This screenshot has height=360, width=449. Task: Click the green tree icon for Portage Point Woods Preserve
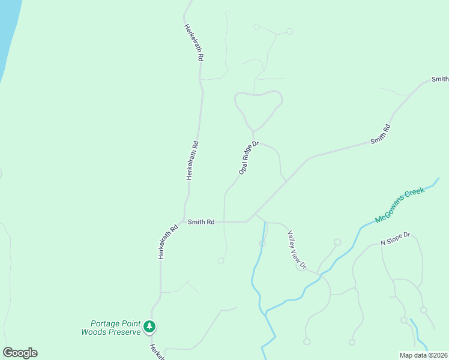click(x=149, y=327)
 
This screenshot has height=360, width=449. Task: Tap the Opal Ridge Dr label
click(x=248, y=158)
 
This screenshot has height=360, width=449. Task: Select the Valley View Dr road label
click(x=297, y=250)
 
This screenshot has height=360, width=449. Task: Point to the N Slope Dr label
click(x=395, y=239)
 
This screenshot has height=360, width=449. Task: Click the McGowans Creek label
click(x=400, y=205)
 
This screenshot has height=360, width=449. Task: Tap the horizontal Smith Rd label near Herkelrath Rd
click(x=201, y=222)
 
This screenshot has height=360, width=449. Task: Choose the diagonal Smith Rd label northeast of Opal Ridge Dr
click(x=381, y=134)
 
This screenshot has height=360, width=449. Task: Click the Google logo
click(x=20, y=353)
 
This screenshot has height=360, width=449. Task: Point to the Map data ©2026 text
click(x=423, y=355)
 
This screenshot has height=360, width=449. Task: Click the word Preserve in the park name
click(x=127, y=331)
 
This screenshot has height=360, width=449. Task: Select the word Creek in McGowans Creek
click(x=414, y=196)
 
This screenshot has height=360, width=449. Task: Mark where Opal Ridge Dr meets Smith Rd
click(x=224, y=222)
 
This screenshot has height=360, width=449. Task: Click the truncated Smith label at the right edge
click(x=440, y=79)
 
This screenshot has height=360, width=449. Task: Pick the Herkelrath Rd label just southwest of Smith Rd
click(x=169, y=242)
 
